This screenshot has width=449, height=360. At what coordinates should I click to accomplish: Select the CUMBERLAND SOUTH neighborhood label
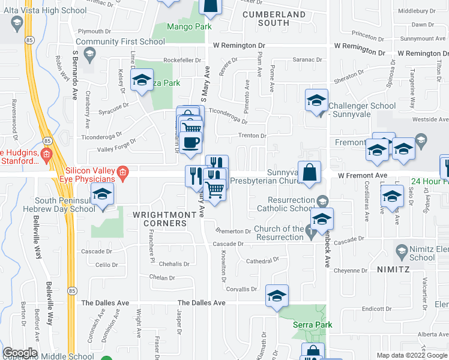coord(273,19)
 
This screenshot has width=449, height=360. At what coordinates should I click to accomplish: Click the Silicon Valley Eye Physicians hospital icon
coord(123,174)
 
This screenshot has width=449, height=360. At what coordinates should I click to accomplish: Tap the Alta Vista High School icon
coord(17,24)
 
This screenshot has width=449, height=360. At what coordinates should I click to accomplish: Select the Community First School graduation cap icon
coord(89,53)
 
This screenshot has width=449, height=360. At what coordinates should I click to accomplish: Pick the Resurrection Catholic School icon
coord(323,200)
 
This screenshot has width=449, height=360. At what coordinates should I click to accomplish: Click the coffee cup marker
coord(190,143)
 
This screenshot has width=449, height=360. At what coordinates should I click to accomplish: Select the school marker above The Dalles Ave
coord(277,296)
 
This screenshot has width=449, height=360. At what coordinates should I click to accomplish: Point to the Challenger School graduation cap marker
coord(316,100)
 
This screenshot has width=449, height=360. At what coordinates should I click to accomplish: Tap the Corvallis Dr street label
coord(242,289)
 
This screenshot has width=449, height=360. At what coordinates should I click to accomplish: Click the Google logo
coord(20,353)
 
